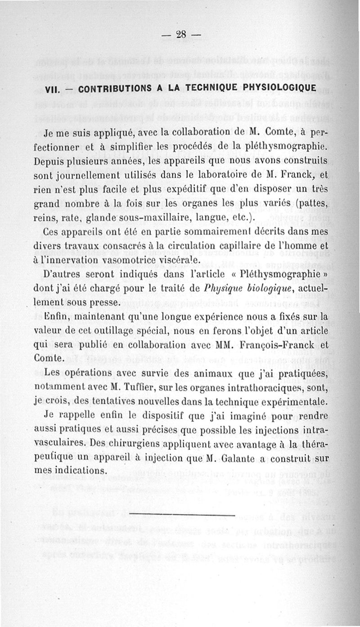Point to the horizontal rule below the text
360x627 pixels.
pyautogui.click(x=182, y=514)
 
